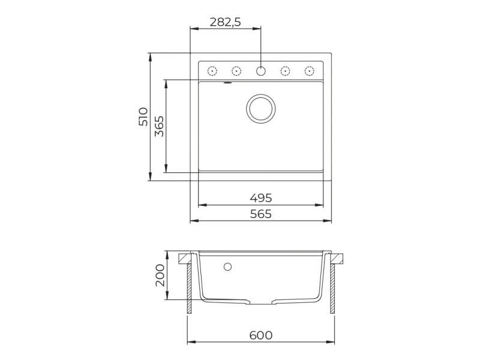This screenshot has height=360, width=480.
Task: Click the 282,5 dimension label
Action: pyautogui.click(x=226, y=22)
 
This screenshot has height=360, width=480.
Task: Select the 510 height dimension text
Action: pyautogui.click(x=143, y=116)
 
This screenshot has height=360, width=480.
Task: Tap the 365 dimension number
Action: pyautogui.click(x=159, y=126)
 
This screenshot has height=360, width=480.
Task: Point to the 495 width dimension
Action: pyautogui.click(x=261, y=198)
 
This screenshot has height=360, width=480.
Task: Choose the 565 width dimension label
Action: pyautogui.click(x=261, y=214)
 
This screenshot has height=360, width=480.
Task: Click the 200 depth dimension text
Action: pyautogui.click(x=160, y=275)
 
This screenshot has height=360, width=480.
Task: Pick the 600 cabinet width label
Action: pyautogui.click(x=261, y=335)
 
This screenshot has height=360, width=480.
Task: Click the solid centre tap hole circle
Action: pyautogui.click(x=261, y=71)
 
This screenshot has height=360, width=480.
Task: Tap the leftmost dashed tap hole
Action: pyautogui.click(x=212, y=71)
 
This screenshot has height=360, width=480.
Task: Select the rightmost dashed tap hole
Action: pyautogui.click(x=310, y=71)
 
